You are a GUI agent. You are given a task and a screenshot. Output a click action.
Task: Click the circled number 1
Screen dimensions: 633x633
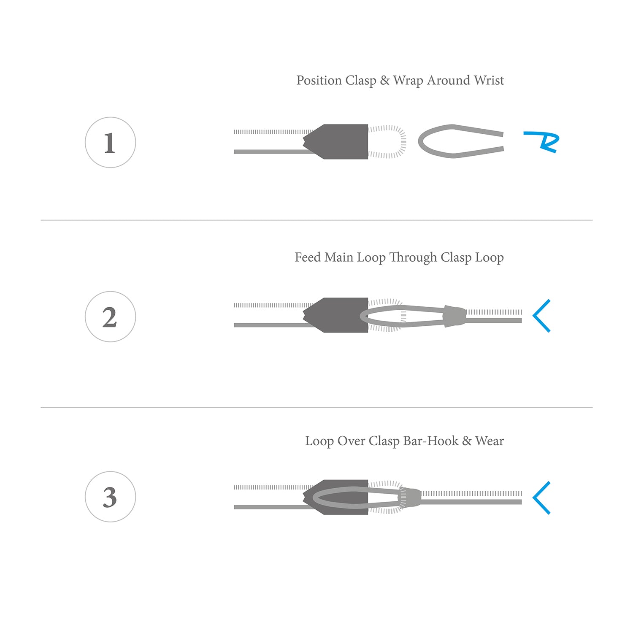[110, 143]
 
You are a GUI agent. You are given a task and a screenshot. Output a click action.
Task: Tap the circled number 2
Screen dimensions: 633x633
[110, 316]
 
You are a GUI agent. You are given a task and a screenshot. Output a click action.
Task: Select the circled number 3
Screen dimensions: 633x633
[110, 497]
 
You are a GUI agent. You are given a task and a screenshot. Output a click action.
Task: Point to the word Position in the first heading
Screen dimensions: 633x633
[319, 80]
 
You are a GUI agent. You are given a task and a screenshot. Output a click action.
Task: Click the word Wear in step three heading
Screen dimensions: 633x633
[490, 441]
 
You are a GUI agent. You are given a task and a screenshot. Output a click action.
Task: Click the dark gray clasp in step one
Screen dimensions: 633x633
[338, 141]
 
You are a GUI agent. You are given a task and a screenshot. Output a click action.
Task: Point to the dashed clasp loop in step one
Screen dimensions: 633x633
[404, 141]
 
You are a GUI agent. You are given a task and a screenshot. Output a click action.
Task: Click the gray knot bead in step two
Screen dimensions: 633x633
[454, 316]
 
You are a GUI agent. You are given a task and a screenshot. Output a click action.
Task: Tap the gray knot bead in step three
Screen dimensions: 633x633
[410, 497]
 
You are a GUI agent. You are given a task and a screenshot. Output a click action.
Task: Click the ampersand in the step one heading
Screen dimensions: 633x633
[384, 80]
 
